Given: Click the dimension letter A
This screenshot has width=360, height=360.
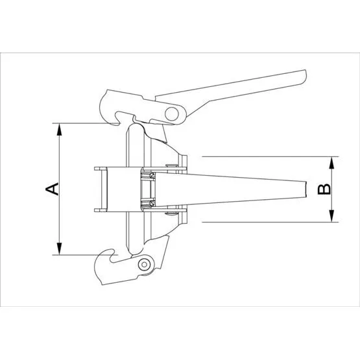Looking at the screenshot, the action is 52,189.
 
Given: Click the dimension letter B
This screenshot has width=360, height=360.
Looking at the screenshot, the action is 324,189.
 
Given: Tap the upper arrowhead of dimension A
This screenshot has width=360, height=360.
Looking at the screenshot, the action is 60,130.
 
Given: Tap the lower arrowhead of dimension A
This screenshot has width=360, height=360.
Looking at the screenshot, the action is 60,248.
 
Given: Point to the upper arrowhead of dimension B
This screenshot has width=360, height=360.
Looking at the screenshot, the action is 331,163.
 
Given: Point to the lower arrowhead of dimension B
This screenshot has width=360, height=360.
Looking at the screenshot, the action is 331,216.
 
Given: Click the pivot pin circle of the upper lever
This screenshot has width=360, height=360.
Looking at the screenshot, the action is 172,114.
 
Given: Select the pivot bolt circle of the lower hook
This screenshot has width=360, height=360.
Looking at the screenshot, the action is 144,265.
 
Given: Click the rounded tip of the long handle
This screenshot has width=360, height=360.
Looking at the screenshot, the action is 304,77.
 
